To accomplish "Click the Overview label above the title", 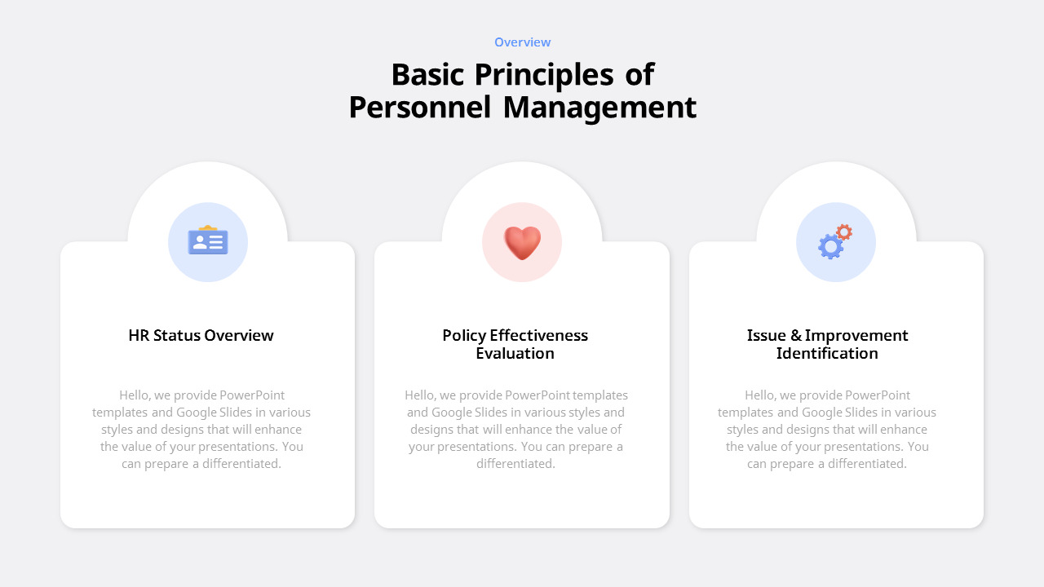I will click(522, 42).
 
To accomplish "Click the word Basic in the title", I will click(428, 75).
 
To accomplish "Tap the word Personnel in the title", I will click(420, 108).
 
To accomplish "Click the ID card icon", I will click(208, 241).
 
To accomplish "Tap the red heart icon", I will click(522, 242).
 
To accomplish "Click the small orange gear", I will click(844, 232).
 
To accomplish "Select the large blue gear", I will click(830, 246).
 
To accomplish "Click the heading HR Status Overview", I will click(201, 335).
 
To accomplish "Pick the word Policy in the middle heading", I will click(463, 335).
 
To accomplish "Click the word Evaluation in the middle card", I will click(515, 353).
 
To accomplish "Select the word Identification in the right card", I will click(827, 353).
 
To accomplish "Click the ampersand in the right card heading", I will click(796, 335).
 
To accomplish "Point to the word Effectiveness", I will click(538, 335).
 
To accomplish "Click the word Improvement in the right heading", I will click(856, 335).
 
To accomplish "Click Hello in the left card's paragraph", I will click(134, 395).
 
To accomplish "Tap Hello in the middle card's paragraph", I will click(419, 395).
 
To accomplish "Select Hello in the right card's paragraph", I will click(759, 395).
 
